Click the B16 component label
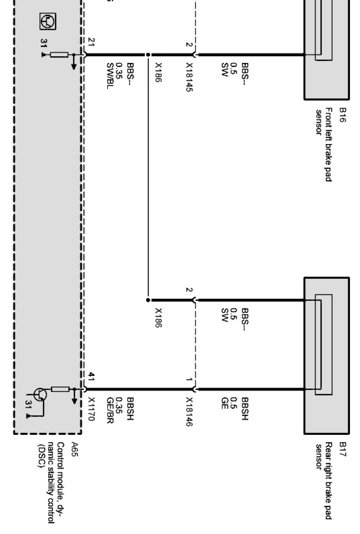click(x=343, y=115)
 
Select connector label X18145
click(x=189, y=78)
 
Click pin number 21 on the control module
click(x=91, y=41)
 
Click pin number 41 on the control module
click(x=91, y=376)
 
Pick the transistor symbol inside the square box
click(x=48, y=21)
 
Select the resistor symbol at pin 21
click(x=59, y=55)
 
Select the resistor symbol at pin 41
click(x=60, y=389)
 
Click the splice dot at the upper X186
click(x=148, y=55)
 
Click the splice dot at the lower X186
click(x=148, y=300)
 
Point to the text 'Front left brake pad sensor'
click(x=324, y=144)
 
